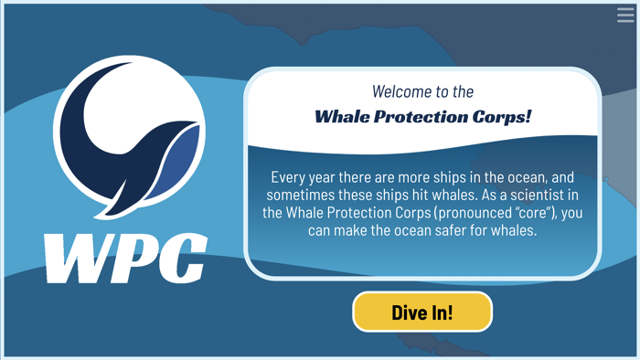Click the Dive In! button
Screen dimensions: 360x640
(x=422, y=312)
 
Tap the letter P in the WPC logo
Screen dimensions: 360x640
(x=131, y=258)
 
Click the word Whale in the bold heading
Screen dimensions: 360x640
(x=342, y=117)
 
